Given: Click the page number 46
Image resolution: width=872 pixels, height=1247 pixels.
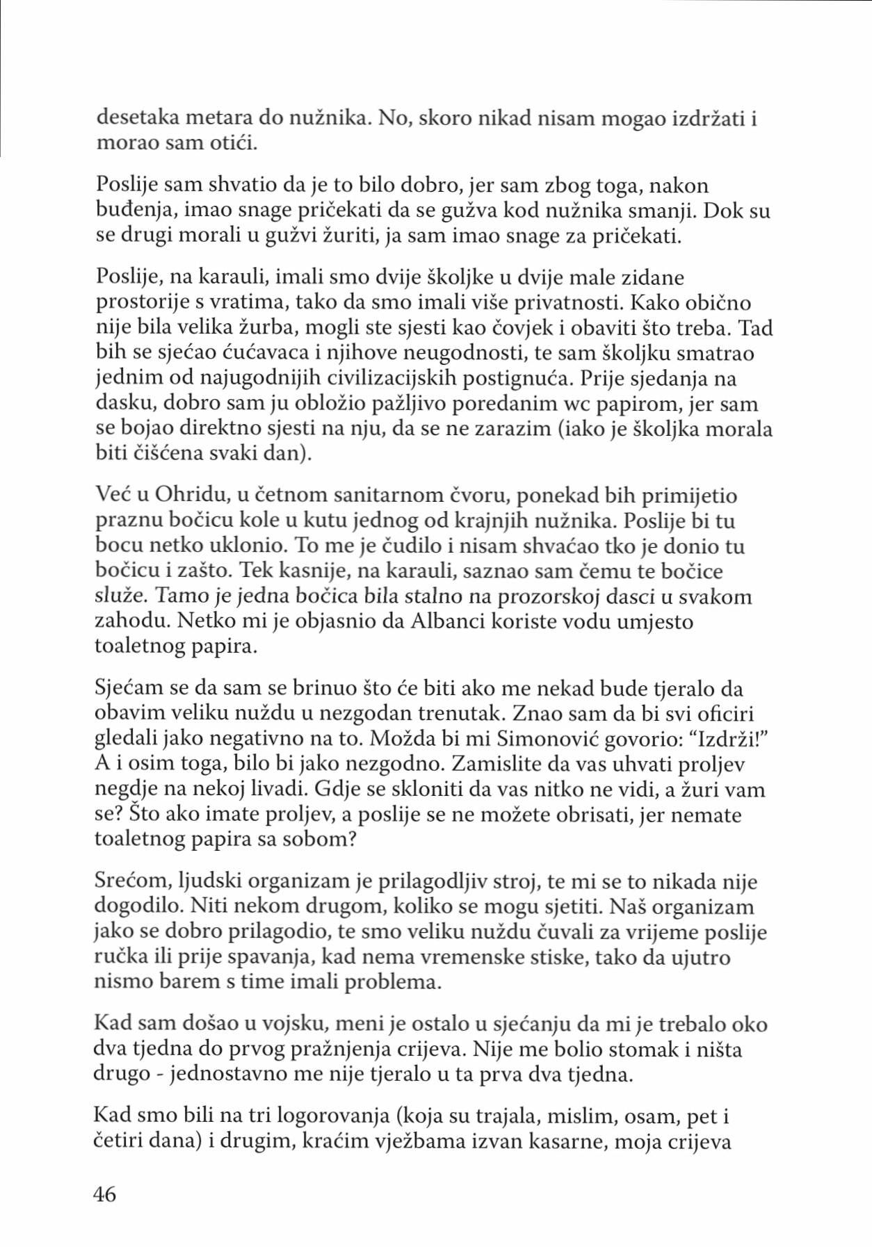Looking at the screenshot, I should coord(105,1194).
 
